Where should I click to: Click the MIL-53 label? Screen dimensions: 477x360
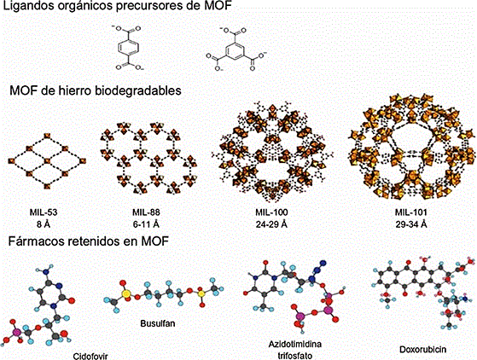point(44,212)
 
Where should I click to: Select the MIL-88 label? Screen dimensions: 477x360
point(146,212)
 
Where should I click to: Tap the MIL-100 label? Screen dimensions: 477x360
point(271,212)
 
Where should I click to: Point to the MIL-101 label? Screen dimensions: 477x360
point(411,212)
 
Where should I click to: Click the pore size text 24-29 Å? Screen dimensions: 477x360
point(271,224)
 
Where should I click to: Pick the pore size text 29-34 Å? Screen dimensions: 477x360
point(411,224)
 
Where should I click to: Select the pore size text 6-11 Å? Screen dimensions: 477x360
point(146,224)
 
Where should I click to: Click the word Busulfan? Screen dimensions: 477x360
point(158,323)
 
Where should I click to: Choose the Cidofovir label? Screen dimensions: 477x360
point(90,356)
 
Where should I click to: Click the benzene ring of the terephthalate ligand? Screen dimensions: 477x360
point(128,48)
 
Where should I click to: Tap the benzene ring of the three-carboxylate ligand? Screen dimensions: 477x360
point(236,50)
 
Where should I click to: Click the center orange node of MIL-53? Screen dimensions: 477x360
point(47,160)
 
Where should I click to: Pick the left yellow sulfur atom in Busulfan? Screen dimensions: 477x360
point(126,293)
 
